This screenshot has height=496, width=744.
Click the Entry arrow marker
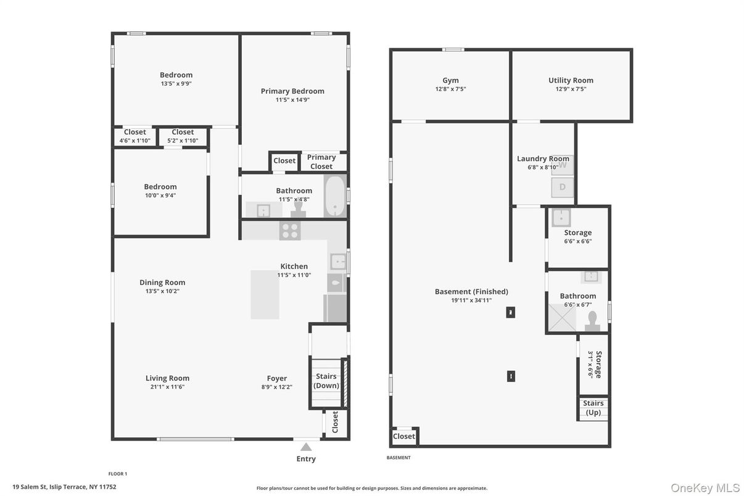point(306,447)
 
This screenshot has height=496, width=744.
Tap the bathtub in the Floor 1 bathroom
point(335,196)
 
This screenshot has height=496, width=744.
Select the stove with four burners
point(290,231)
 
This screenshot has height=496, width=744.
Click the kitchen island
point(265,294)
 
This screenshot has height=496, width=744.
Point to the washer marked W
point(563,165)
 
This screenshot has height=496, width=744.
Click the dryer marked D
point(563,187)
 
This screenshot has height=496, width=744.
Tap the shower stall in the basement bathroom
point(561,318)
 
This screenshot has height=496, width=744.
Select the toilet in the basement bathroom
point(593,321)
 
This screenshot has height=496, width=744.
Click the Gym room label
point(450,80)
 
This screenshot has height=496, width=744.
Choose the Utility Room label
point(571,80)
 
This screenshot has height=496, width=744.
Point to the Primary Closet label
point(321,162)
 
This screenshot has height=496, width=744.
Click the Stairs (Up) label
point(593,408)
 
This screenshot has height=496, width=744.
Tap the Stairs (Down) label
point(326,381)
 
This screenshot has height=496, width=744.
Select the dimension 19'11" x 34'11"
point(471,300)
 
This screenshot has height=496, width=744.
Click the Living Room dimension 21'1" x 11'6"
point(167,387)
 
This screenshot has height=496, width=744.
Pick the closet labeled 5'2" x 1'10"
point(183,141)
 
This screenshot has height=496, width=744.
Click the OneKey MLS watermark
point(705,488)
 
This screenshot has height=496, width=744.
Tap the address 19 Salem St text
point(64,487)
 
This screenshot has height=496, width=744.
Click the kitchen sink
point(337,262)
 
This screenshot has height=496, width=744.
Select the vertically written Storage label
point(598,364)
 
